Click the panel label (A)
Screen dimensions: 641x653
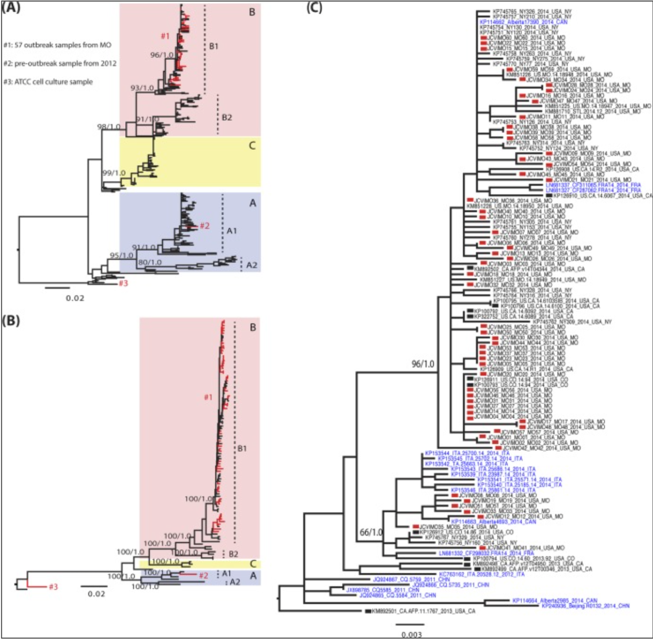point(11,8)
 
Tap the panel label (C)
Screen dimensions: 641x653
point(314,8)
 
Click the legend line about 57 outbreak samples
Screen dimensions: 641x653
point(57,45)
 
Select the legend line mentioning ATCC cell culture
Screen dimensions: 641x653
point(48,82)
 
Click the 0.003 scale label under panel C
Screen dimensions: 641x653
point(412,634)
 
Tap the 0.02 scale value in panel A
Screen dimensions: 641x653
point(75,298)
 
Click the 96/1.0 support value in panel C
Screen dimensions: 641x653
point(423,364)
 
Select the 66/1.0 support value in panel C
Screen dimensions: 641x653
point(371,532)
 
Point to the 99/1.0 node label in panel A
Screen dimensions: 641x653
point(114,173)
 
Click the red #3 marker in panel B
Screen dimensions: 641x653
point(53,586)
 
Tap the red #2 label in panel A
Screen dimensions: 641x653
point(204,226)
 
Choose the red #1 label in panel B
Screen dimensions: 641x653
point(208,397)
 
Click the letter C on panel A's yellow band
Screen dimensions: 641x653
point(252,145)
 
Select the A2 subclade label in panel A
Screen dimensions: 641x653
point(252,265)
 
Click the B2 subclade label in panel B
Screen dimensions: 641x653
point(233,554)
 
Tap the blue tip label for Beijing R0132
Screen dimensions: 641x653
point(585,606)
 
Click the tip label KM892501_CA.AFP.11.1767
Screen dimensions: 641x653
point(423,611)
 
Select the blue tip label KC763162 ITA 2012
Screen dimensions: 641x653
point(481,574)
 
